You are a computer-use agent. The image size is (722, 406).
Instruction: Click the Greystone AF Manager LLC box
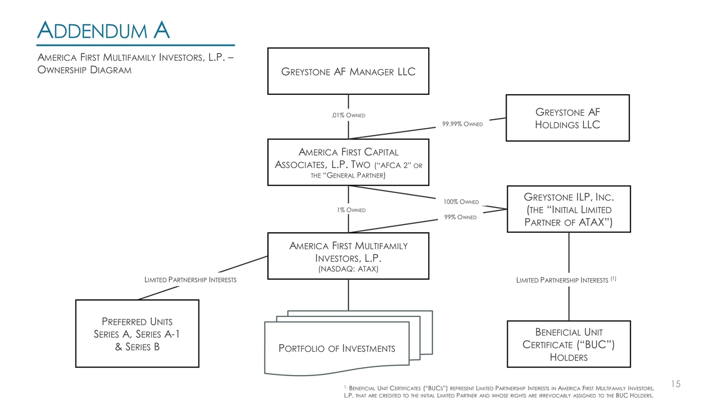tap(348, 71)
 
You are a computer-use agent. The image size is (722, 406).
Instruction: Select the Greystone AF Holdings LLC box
tap(567, 118)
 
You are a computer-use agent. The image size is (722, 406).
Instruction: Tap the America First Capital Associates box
tap(348, 162)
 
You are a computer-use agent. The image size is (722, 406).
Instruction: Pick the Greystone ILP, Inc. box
tap(569, 209)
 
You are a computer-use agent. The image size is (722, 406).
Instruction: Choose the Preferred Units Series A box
tap(137, 334)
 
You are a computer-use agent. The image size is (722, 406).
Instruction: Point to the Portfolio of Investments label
tap(337, 348)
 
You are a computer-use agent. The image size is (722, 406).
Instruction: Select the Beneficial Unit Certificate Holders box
tap(569, 344)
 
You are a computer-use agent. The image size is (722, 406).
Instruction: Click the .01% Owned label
tap(348, 116)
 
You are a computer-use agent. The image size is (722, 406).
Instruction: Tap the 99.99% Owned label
tap(462, 124)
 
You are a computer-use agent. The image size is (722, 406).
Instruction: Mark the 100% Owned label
tap(461, 202)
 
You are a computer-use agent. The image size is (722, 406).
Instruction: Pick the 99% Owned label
tap(461, 217)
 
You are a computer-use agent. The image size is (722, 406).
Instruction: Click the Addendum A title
tap(103, 30)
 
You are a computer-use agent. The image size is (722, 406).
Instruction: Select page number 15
tap(676, 384)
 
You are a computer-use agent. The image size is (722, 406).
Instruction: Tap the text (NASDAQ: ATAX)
tap(348, 269)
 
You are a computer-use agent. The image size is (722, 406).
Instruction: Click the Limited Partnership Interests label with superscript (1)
tap(566, 280)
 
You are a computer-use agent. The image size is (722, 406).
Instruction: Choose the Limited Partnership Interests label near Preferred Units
tap(191, 280)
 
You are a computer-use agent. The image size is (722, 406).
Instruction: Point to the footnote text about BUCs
tap(499, 391)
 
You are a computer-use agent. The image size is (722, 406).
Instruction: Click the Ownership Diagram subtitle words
tap(84, 70)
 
